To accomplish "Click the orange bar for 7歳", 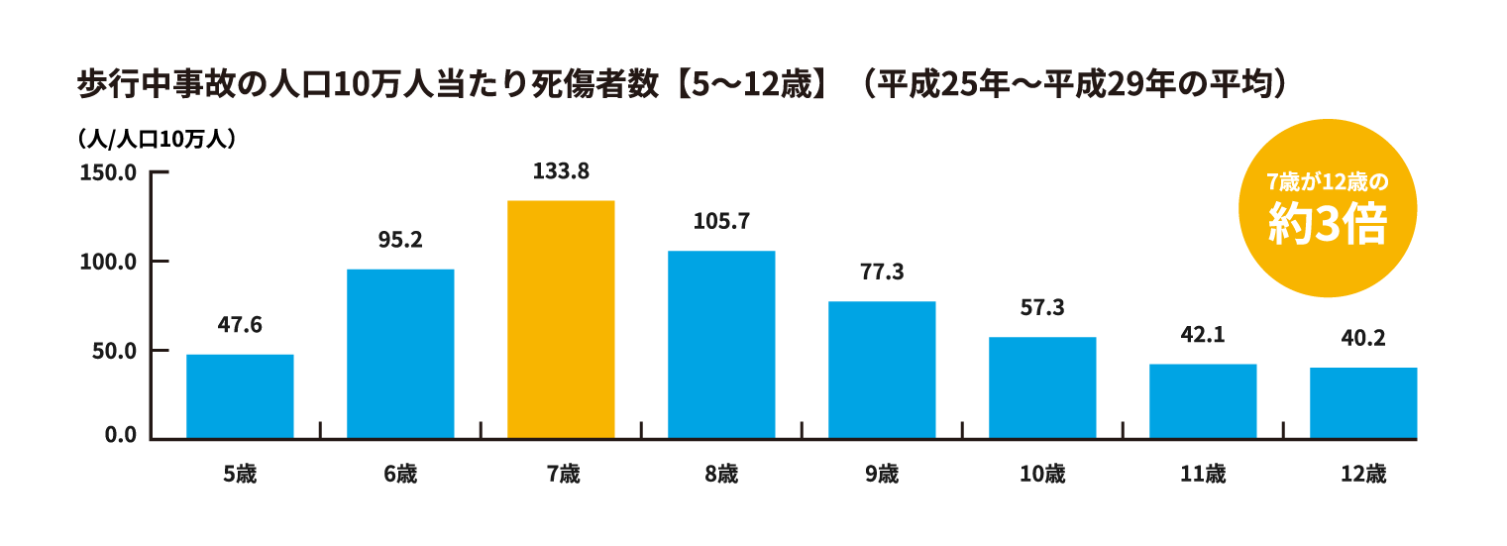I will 561,319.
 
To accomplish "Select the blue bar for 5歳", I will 240,395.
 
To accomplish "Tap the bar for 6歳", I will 400,353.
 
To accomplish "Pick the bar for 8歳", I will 721,344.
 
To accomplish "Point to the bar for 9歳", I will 882,369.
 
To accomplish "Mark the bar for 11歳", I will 1203,400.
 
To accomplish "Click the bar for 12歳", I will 1363,402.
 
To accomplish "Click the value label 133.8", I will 561,171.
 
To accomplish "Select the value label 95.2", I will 400,240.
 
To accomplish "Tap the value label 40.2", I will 1363,338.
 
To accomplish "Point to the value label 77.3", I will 882,272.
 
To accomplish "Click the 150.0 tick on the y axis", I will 108,173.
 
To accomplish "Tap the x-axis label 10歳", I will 1042,475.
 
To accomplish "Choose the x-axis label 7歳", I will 562,475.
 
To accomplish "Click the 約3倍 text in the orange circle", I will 1328,227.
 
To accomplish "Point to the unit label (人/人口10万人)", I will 156,140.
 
